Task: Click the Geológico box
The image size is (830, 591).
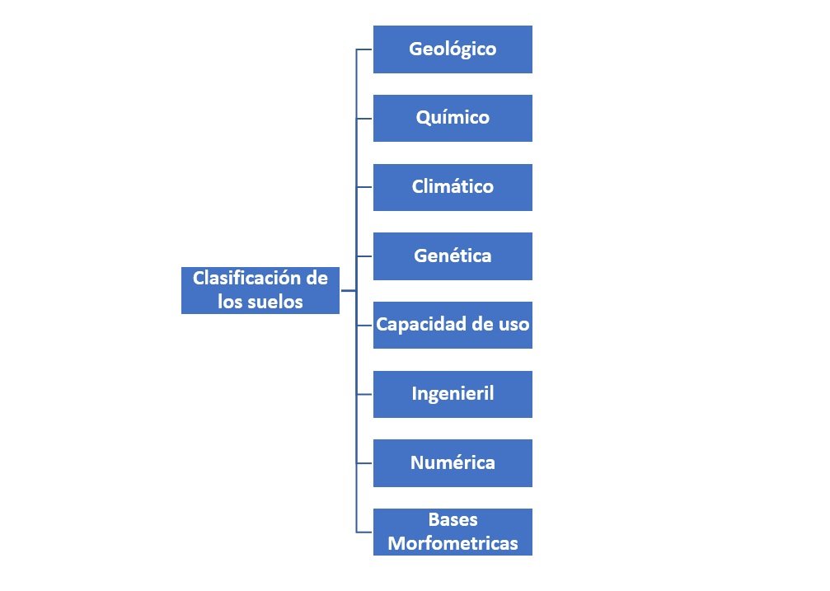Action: [x=453, y=49]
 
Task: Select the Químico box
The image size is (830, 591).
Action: [x=453, y=118]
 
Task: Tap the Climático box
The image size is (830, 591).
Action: [x=453, y=187]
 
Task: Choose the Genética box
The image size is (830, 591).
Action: [x=453, y=256]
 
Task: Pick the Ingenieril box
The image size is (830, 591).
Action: [x=453, y=395]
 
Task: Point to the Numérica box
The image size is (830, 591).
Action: [x=453, y=463]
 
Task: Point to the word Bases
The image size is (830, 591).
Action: [x=453, y=519]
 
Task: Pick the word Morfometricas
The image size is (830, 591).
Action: [x=453, y=543]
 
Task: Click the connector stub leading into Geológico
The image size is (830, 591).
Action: [x=364, y=49]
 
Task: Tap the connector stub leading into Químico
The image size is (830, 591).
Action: [x=364, y=118]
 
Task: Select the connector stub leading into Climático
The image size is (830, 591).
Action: [x=364, y=187]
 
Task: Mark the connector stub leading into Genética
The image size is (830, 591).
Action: [x=364, y=256]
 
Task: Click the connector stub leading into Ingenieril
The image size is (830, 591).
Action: [x=364, y=395]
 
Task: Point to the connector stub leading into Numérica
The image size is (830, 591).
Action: [x=364, y=463]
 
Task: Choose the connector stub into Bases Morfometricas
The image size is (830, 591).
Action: [x=364, y=532]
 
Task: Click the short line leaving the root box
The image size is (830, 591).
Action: [x=349, y=290]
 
